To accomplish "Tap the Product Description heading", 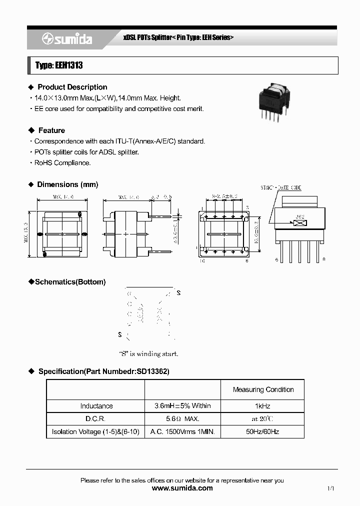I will point(72,87).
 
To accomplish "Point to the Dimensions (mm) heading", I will point(67,184).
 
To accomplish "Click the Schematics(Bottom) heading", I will point(69,282).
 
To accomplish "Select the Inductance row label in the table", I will point(96,406).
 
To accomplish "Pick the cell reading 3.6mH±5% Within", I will point(182,406).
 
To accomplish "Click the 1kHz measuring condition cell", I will point(262,406).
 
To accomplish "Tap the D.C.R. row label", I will point(96,418).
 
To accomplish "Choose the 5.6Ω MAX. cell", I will point(182,418).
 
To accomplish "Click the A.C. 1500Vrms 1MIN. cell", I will point(182,431).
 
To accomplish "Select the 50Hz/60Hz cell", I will point(262,431).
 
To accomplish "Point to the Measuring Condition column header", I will point(263,389).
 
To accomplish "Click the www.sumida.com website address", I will point(182,488).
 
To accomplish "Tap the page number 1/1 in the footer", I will point(330,488).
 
